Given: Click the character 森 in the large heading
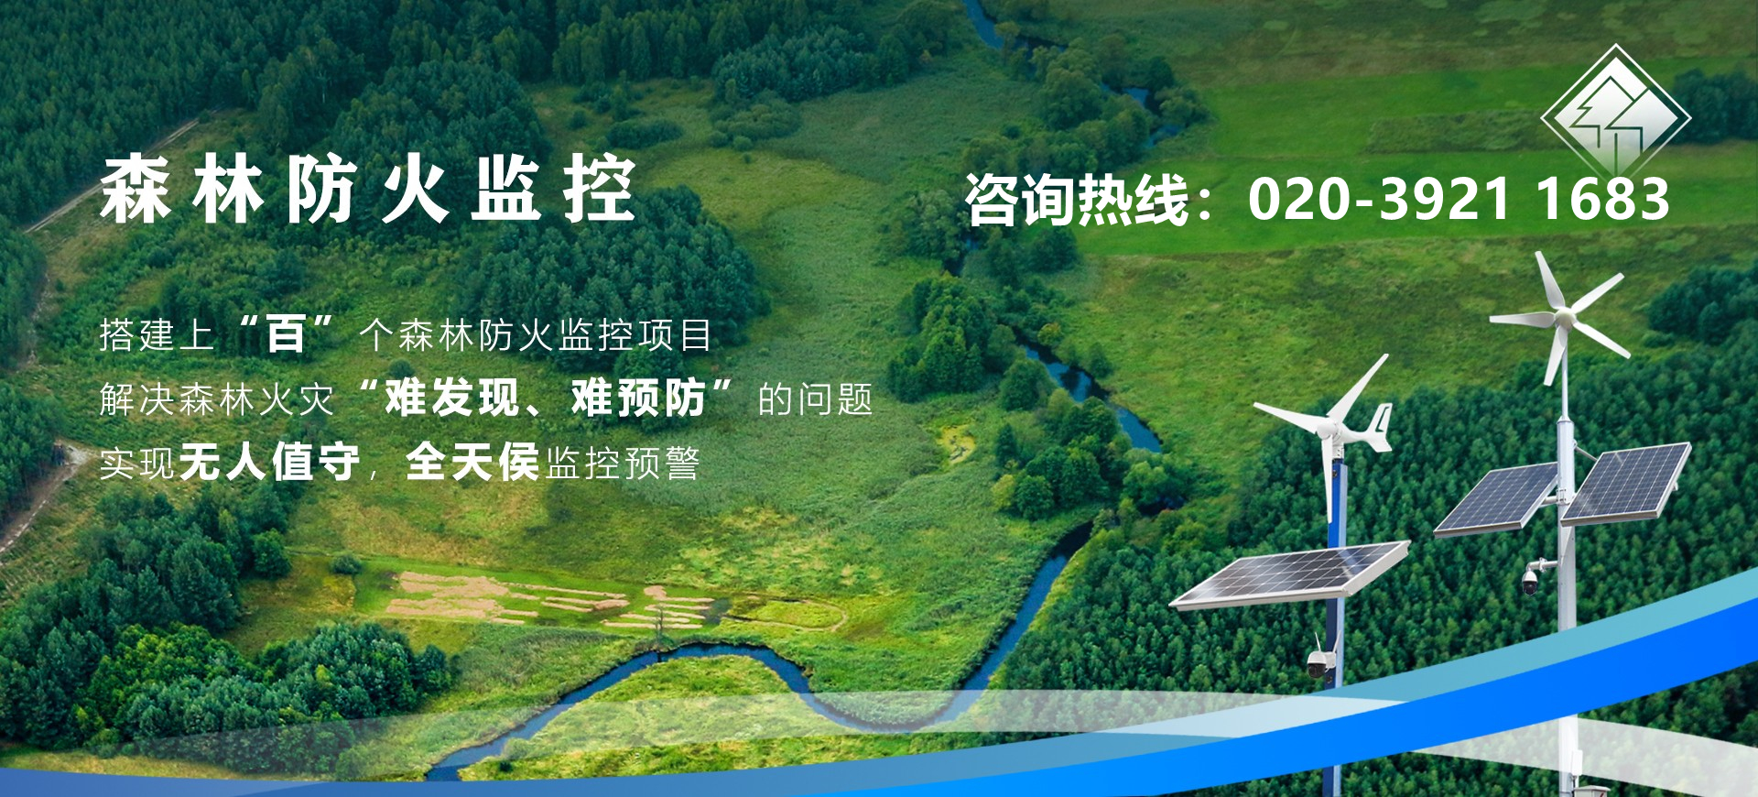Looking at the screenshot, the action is tap(136, 190).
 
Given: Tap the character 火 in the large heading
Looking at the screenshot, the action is tap(415, 190).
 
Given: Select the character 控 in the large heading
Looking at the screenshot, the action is tap(600, 190).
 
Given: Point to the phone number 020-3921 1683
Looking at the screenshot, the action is tap(1459, 199).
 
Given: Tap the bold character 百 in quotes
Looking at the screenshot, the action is tap(286, 333).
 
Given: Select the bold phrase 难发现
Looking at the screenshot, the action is tap(451, 398).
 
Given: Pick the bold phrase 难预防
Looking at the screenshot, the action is tap(638, 398).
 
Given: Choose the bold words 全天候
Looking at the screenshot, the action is tap(472, 462).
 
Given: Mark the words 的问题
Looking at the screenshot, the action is tap(815, 399).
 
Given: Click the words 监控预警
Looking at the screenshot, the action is tap(623, 464).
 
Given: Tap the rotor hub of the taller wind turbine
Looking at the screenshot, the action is tap(1564, 318).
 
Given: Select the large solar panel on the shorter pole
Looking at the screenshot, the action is tap(1290, 574).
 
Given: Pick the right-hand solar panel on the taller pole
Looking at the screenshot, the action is tap(1626, 483).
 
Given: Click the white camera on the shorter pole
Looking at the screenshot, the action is tap(1318, 662).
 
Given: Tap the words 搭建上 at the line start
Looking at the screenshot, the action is tap(157, 335).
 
